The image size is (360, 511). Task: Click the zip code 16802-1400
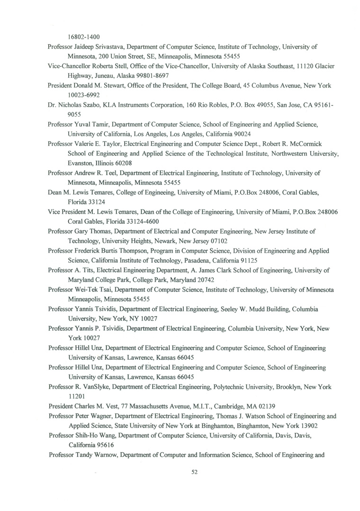click(84, 36)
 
